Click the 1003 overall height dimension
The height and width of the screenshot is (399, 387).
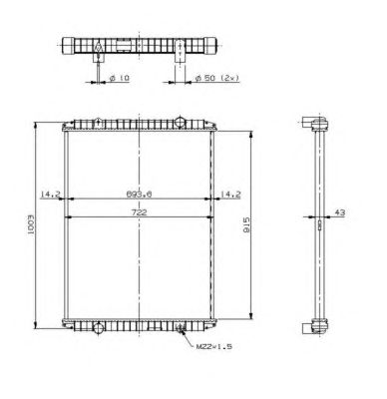[31, 225]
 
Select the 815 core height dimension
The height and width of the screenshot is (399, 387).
[246, 224]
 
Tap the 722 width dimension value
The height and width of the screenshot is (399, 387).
[139, 212]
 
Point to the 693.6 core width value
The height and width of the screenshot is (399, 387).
[139, 195]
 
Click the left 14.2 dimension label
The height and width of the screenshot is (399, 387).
[50, 195]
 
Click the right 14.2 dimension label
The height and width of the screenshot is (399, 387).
[230, 195]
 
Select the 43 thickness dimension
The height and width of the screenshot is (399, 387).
[340, 212]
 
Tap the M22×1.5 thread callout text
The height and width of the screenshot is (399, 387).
[214, 346]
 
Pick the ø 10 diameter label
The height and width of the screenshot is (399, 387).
[119, 78]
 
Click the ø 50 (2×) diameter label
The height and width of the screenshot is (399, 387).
[216, 78]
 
